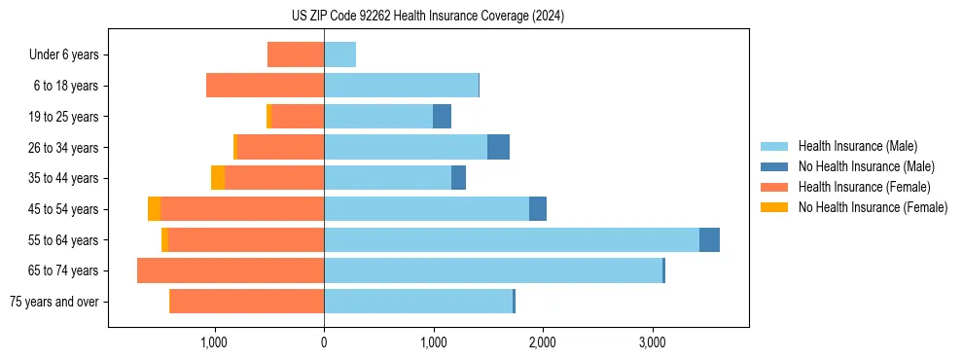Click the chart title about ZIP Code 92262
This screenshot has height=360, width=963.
pos(427,17)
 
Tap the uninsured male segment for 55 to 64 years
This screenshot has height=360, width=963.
pos(709,239)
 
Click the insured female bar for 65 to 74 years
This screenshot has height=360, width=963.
pos(231,270)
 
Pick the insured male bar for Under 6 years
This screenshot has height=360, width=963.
pos(339,54)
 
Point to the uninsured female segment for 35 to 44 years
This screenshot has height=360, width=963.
pos(218,178)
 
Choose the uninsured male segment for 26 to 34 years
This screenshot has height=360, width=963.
pos(498,147)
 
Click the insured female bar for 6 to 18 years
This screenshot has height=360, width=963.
pos(265,86)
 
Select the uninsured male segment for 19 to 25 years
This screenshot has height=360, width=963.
pos(442,117)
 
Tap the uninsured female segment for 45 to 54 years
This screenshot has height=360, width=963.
pos(154,209)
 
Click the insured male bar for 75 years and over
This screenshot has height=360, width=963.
pos(418,302)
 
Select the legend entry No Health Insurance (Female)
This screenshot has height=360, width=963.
pos(872,207)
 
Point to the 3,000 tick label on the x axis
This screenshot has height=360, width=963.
pos(652,342)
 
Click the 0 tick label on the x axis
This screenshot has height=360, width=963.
pos(324,342)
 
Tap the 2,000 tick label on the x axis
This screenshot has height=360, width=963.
pos(542,342)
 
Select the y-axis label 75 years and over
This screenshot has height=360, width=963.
pos(53,302)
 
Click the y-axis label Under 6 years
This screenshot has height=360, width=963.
pos(64,54)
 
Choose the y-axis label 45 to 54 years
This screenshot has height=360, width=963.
pos(63,209)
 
